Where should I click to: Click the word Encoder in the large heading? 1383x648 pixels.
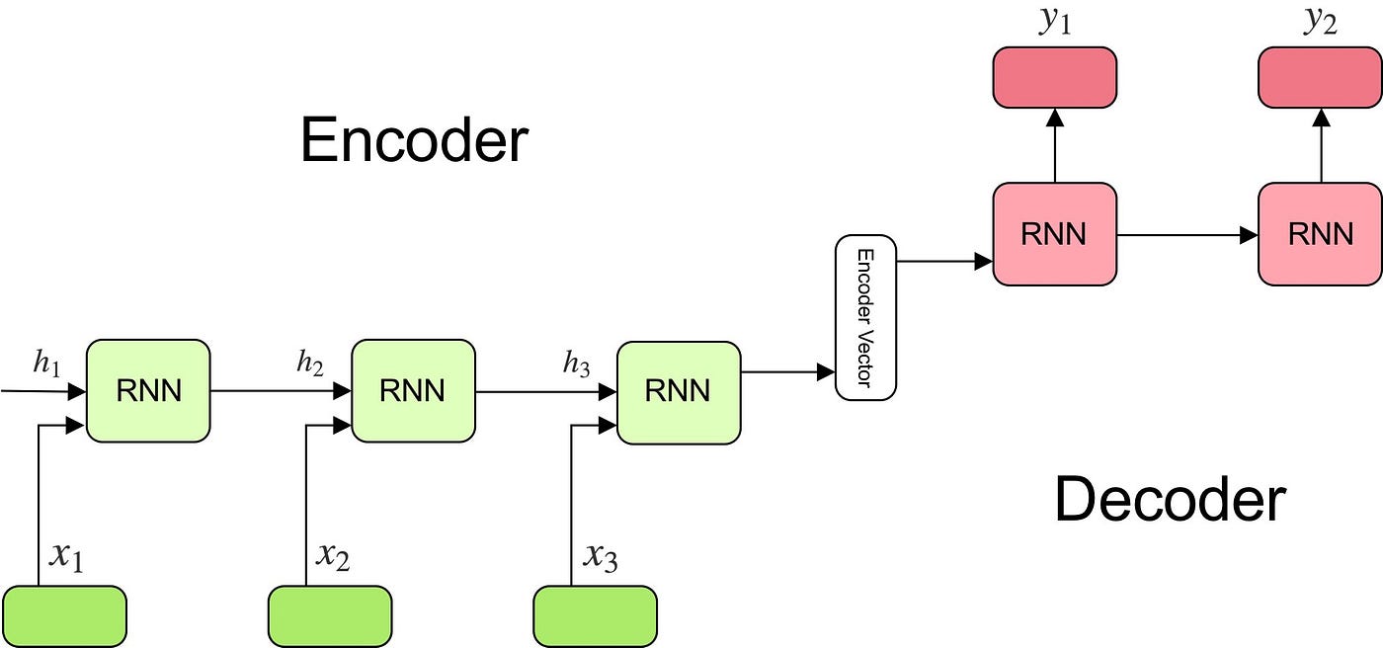414,140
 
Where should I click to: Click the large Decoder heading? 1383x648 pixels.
1170,500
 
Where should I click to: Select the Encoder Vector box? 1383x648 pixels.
865,317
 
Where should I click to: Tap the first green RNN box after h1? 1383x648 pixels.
148,390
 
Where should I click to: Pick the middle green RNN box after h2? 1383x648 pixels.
413,390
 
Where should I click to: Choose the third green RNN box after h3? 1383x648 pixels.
678,390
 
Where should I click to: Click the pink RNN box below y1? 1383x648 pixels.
1054,234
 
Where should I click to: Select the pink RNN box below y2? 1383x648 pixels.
1320,234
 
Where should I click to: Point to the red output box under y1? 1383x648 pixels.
1054,76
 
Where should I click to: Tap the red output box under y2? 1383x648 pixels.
1320,76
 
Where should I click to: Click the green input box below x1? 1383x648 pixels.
65,616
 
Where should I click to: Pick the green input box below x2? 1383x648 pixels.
330,616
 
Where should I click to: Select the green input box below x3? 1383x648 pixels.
595,616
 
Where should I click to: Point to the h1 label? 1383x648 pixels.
46,364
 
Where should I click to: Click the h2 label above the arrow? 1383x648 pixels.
310,364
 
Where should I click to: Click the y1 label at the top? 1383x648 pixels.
1055,22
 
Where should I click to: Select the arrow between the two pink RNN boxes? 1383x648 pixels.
1186,235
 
